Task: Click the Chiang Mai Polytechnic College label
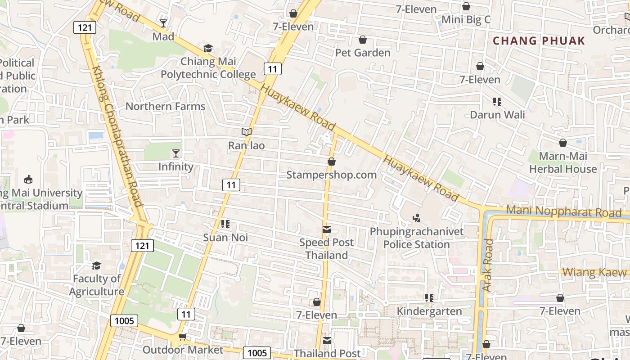[208, 67]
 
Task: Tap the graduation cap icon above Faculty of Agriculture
[96, 265]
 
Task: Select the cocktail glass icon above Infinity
[176, 153]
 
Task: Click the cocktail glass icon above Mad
[163, 23]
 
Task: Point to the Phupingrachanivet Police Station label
[417, 238]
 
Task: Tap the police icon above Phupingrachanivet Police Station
[417, 218]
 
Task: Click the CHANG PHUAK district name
[539, 41]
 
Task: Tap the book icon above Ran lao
[246, 132]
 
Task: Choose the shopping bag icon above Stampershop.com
[332, 162]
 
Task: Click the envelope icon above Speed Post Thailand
[327, 230]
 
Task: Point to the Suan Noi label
[225, 238]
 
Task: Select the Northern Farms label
[165, 107]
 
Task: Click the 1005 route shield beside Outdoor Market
[257, 353]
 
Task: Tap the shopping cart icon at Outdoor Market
[182, 337]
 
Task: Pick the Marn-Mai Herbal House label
[563, 162]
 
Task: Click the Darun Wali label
[497, 115]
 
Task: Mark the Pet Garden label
[363, 53]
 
